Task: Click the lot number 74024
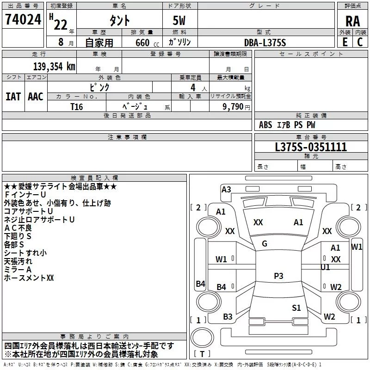23,19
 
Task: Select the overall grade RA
352,21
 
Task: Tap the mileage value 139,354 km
54,67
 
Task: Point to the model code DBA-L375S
265,43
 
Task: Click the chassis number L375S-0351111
311,147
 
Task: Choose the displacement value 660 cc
147,43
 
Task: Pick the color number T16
77,107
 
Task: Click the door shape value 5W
179,20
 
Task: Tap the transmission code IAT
13,97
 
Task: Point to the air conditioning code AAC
36,97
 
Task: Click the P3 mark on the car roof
278,276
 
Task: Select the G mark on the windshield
265,244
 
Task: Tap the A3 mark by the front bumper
226,190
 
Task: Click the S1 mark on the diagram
296,308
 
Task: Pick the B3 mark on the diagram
228,317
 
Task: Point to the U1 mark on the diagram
325,267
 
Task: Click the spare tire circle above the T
202,338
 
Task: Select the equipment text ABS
265,125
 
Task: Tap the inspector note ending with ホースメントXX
29,278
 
